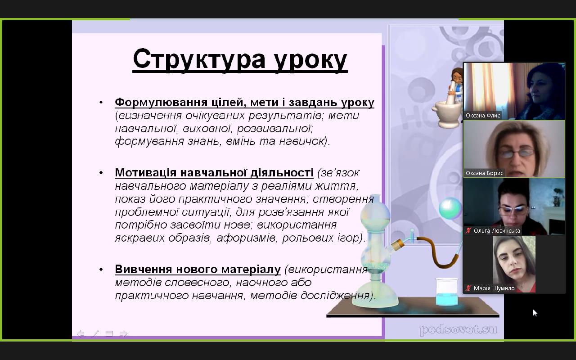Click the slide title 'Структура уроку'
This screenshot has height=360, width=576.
(240, 60)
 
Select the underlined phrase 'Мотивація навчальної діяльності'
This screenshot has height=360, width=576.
(214, 172)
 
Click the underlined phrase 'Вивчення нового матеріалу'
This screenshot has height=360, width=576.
(198, 269)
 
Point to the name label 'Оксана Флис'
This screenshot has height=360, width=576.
(483, 116)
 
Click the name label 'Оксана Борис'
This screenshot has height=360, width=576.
(484, 173)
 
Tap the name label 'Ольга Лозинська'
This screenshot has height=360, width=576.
(497, 231)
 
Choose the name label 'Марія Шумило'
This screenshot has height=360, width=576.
(494, 288)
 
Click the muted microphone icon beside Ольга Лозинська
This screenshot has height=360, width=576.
(468, 231)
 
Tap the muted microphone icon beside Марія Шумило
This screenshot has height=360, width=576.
(468, 288)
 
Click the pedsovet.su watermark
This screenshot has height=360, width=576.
(458, 330)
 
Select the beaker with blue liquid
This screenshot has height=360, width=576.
(447, 292)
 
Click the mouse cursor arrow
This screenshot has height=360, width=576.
(535, 313)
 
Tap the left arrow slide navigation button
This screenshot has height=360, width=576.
(81, 333)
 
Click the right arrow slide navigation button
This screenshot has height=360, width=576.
(124, 333)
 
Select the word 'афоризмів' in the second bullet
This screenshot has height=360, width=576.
(246, 238)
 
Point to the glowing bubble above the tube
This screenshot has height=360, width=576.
(450, 208)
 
